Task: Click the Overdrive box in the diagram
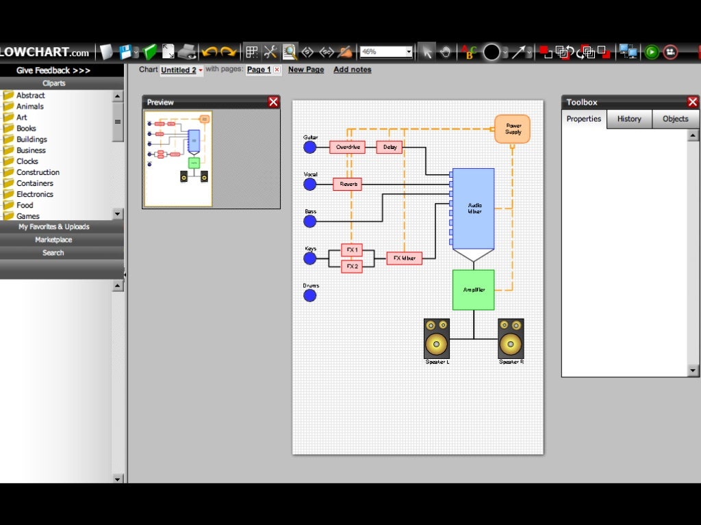click(347, 147)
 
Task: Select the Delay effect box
click(390, 147)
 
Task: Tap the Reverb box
click(348, 184)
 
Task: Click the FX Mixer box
click(404, 258)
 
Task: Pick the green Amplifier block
click(473, 290)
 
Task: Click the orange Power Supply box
click(513, 129)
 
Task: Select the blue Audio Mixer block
click(474, 208)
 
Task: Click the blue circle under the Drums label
click(310, 295)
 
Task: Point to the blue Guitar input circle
click(310, 147)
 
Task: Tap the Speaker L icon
click(437, 338)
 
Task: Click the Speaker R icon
click(511, 338)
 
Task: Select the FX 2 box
click(352, 266)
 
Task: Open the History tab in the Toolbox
click(629, 119)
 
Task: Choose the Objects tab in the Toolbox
click(675, 119)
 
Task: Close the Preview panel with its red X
click(274, 102)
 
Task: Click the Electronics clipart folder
click(34, 194)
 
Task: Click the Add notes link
click(353, 70)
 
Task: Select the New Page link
click(306, 70)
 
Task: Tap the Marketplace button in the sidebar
click(53, 240)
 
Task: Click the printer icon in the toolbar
click(187, 52)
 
